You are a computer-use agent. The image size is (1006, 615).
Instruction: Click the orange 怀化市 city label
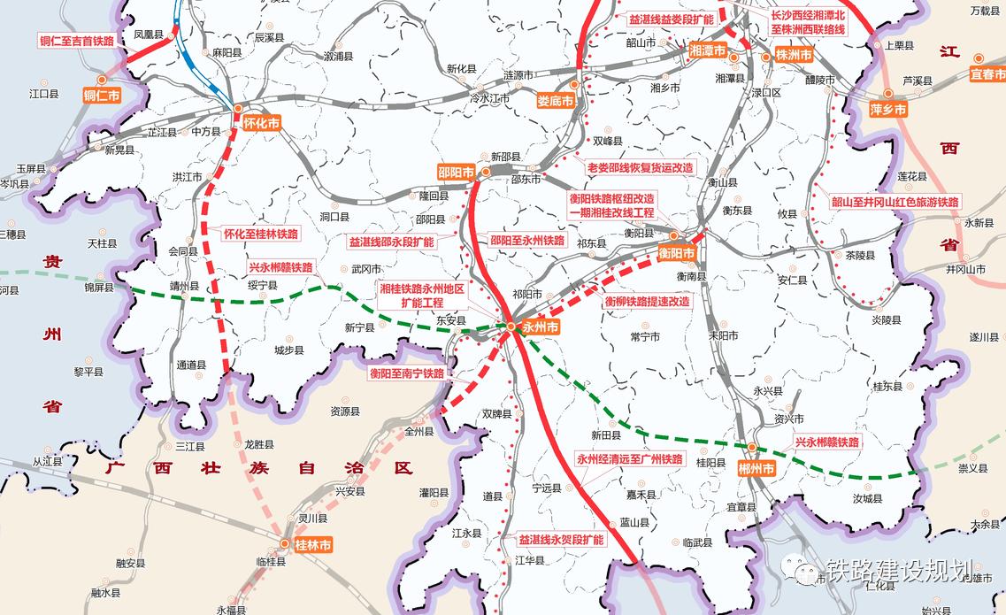pyautogui.click(x=261, y=124)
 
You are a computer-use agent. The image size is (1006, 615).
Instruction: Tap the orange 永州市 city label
pyautogui.click(x=541, y=327)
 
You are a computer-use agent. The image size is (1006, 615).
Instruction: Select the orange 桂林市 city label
pyautogui.click(x=312, y=546)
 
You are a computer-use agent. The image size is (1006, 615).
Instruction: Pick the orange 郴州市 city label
pyautogui.click(x=756, y=468)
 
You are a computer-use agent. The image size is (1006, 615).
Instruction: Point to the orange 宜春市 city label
pyautogui.click(x=988, y=73)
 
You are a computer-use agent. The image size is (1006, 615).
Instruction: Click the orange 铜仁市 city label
pyautogui.click(x=101, y=96)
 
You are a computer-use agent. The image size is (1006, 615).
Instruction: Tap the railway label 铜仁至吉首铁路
pyautogui.click(x=77, y=41)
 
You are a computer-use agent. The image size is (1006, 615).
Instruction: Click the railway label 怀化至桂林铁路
pyautogui.click(x=261, y=234)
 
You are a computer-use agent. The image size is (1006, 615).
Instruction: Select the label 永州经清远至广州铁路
pyautogui.click(x=630, y=459)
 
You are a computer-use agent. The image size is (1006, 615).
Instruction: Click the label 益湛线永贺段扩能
pyautogui.click(x=561, y=539)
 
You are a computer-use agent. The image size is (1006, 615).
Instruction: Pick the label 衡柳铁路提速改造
pyautogui.click(x=647, y=301)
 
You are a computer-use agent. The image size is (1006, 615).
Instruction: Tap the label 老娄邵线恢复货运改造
pyautogui.click(x=641, y=167)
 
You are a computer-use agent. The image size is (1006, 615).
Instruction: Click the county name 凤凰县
pyautogui.click(x=148, y=35)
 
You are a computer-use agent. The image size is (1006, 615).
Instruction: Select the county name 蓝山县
pyautogui.click(x=634, y=523)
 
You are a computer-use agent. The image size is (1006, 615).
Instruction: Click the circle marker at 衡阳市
pyautogui.click(x=673, y=235)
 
